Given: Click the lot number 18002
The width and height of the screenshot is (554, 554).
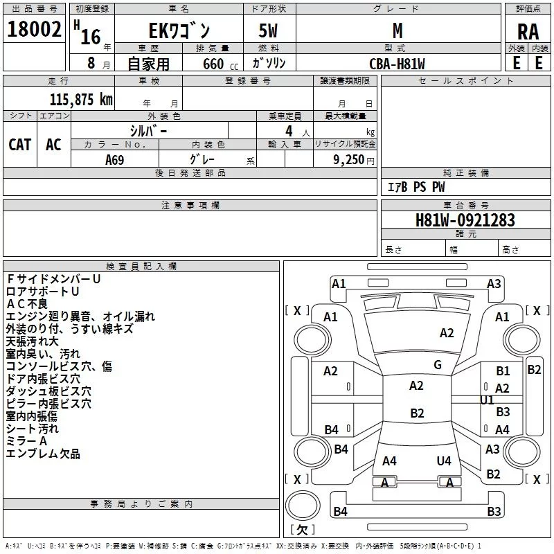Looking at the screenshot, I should coord(33,30).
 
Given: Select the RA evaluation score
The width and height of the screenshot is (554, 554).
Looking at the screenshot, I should coord(528,31).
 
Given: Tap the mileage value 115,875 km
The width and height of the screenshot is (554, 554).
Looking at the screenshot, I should coord(81,99).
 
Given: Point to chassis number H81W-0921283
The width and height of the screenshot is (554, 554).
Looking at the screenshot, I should coord(465,220).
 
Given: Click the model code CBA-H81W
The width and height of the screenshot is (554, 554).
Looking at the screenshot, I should coord(397,64).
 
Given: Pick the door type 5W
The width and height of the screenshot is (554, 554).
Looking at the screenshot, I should coord(269,31).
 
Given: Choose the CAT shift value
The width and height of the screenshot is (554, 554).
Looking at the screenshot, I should coord(19,144).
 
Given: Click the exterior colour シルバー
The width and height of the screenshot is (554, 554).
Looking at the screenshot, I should coord(148,129).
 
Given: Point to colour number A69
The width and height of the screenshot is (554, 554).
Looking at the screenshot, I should coord(115,159).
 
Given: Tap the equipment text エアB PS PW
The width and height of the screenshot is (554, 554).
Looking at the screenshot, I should coord(415,187).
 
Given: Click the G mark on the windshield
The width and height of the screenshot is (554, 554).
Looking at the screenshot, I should coord(438,365).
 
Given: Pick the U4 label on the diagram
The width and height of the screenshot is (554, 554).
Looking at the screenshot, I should coord(444,461).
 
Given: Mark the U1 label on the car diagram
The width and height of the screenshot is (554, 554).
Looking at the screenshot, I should coord(487,400).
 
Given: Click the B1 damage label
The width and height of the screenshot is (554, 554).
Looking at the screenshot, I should coord(503,372).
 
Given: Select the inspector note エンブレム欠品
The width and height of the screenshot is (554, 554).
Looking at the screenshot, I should coord(43,454).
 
